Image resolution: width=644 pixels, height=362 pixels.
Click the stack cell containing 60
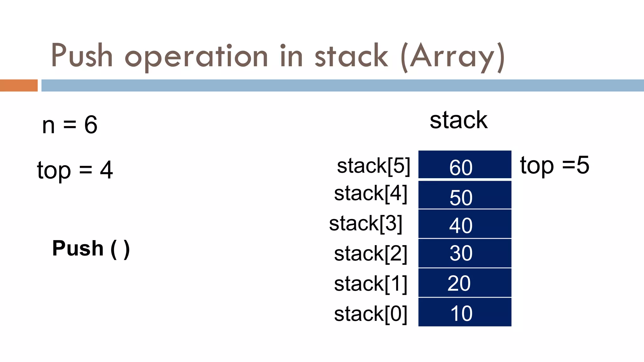tap(464, 165)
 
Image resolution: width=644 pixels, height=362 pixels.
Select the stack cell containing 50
tap(464, 195)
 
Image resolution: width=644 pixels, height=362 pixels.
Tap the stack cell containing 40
tap(464, 224)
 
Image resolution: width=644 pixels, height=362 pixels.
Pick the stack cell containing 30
tap(464, 253)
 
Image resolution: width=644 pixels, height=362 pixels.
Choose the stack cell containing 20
tap(464, 283)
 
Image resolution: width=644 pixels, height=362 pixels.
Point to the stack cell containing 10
tap(464, 312)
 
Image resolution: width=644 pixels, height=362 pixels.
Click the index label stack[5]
tap(374, 166)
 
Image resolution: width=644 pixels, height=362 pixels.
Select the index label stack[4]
tap(370, 194)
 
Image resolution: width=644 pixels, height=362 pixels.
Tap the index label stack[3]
tap(365, 224)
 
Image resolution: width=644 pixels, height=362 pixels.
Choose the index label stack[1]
tap(370, 284)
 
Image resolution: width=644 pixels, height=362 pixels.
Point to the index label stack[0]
tap(370, 314)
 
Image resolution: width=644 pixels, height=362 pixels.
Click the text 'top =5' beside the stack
tap(555, 165)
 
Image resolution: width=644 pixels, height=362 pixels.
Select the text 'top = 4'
tap(75, 170)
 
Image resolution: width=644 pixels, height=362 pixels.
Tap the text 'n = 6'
tap(70, 125)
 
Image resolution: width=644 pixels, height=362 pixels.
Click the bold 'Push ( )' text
tap(91, 249)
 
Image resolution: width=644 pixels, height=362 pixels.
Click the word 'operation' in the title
tap(196, 57)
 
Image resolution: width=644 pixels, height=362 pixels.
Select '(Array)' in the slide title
tap(453, 57)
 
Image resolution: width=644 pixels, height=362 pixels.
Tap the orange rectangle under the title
tap(19, 85)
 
